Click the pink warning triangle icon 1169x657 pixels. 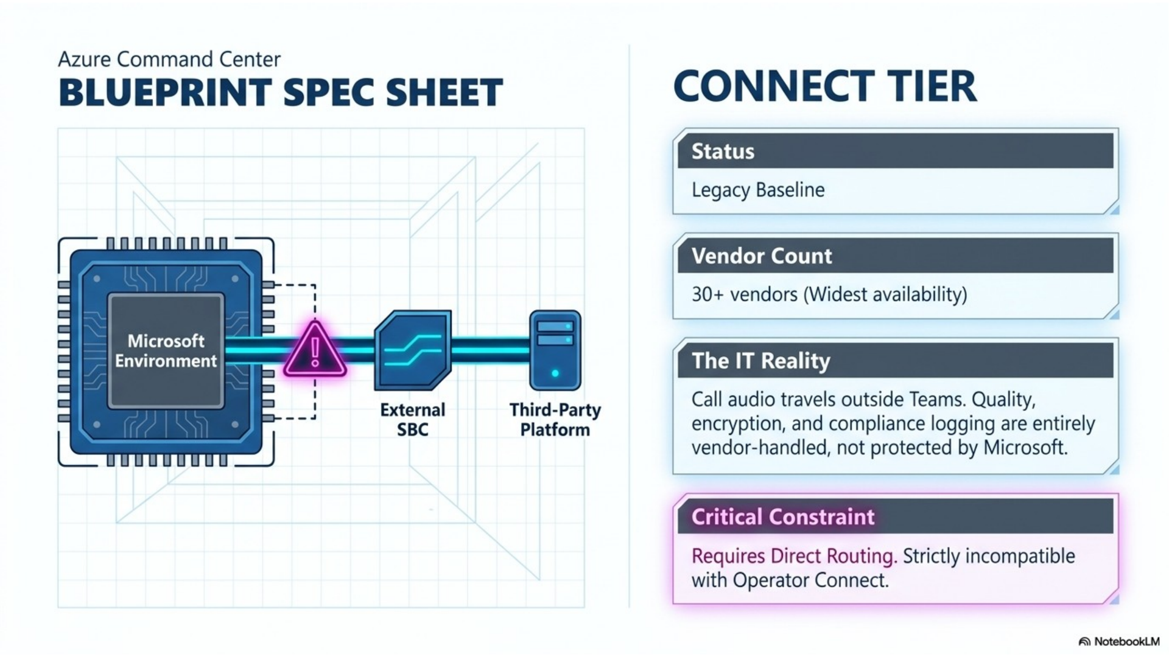point(315,352)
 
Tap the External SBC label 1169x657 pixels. point(413,420)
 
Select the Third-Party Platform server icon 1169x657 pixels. point(555,350)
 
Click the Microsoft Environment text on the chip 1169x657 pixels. point(166,351)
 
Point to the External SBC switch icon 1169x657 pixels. point(413,350)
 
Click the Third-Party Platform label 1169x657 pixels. point(555,420)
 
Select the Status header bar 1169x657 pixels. point(896,151)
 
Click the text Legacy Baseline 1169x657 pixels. point(758,190)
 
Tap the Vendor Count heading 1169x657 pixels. point(762,255)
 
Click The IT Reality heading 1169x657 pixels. point(761,361)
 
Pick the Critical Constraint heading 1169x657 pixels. point(783,516)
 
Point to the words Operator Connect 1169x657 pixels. point(810,580)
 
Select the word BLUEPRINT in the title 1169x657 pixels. point(165,92)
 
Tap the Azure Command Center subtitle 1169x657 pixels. point(169,59)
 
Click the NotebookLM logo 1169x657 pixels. point(1119,641)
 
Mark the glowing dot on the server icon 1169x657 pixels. point(555,373)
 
